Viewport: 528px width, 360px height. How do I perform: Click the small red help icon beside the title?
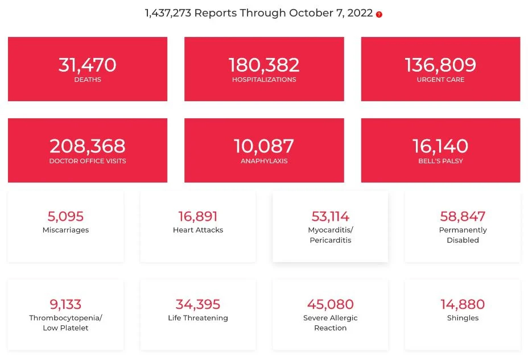(379, 15)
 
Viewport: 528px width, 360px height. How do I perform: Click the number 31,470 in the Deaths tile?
(88, 65)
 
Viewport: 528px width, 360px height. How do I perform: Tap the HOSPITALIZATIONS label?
(264, 80)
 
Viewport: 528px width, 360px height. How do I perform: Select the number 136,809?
(440, 65)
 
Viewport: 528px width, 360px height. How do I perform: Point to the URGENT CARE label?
(440, 80)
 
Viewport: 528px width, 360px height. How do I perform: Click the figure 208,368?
(88, 146)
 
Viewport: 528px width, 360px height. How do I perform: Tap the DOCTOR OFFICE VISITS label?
(88, 161)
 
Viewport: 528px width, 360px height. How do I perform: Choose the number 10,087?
(264, 146)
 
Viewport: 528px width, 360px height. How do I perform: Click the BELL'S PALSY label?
(440, 161)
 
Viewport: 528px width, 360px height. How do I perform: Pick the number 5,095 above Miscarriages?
(65, 216)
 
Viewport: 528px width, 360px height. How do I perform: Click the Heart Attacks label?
(198, 230)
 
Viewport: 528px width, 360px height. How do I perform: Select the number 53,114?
(330, 216)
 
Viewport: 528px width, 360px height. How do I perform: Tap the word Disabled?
(463, 241)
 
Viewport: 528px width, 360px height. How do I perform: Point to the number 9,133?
(65, 304)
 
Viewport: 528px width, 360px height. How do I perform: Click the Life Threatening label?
(198, 318)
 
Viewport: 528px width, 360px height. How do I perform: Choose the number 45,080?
(330, 304)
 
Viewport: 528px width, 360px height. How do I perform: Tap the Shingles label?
(463, 318)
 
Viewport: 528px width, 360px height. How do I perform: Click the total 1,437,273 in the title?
(168, 13)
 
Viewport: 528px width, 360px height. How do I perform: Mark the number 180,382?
(264, 65)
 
